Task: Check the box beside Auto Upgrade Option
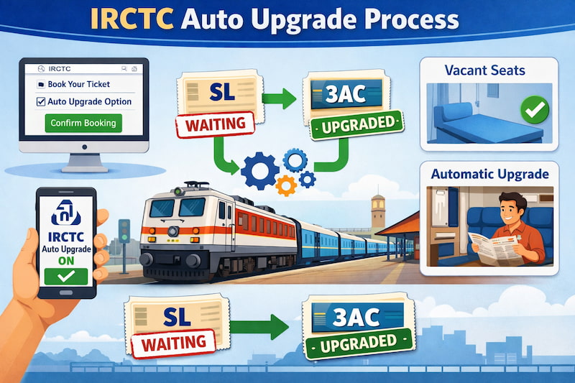click(42, 101)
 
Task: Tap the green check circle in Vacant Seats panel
click(533, 110)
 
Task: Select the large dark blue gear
click(260, 170)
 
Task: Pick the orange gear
click(286, 185)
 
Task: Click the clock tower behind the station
click(379, 212)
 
